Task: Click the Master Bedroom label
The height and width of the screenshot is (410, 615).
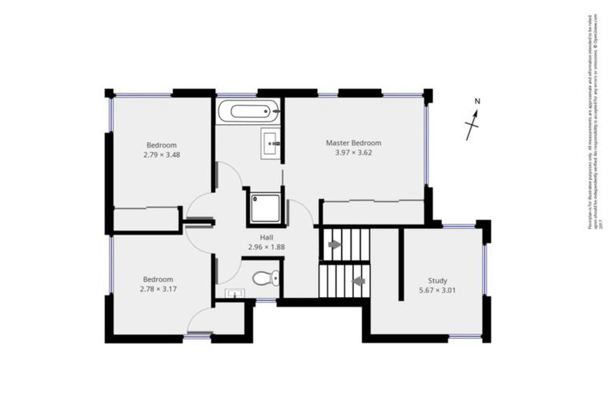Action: point(353,143)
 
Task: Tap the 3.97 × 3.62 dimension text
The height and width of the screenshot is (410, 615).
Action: point(353,153)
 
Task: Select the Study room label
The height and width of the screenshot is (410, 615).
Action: point(437,280)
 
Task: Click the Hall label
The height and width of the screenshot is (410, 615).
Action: point(267,237)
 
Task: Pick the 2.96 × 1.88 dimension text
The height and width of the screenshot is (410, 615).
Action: point(267,247)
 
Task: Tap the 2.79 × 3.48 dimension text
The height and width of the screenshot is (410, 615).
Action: point(162,155)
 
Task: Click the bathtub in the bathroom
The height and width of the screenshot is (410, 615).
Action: point(249,111)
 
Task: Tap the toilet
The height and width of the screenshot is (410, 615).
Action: point(264,279)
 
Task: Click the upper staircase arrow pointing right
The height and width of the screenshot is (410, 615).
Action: point(334,243)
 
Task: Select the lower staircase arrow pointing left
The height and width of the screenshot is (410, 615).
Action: point(359,281)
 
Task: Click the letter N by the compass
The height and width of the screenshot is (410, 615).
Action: point(476,102)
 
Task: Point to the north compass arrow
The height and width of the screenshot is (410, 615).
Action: point(473,125)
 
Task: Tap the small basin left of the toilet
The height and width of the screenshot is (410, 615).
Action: point(233,294)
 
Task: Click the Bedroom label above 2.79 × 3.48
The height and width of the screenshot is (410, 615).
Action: point(161,144)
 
